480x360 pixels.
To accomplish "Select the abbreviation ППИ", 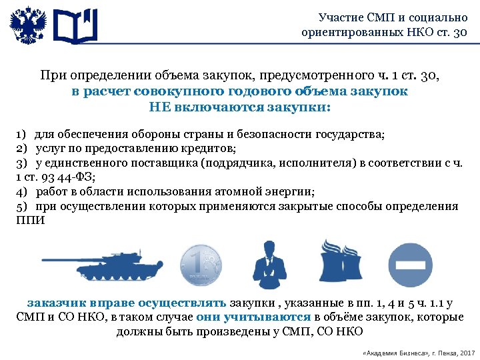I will [x=30, y=221].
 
